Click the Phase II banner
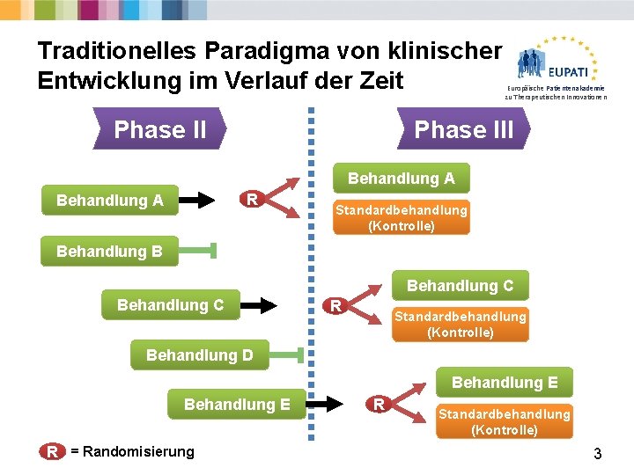pos(159,129)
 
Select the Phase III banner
pos(463,129)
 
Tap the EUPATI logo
pos(556,65)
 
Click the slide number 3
pos(598,454)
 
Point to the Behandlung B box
pos(109,252)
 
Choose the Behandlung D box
pos(199,355)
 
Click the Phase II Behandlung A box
pos(109,201)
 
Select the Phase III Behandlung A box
pos(401,179)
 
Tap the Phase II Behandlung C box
pos(170,305)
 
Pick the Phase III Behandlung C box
pos(460,285)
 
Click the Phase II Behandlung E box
pos(237,404)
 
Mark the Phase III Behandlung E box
pos(505,382)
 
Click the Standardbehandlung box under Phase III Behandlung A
pos(401,217)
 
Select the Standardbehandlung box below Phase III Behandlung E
pos(505,421)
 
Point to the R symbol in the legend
pos(53,451)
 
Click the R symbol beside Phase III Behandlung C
pos(335,306)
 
